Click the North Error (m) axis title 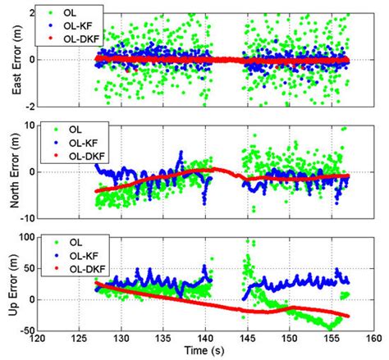tap(9, 172)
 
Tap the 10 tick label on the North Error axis tap(26, 125)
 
